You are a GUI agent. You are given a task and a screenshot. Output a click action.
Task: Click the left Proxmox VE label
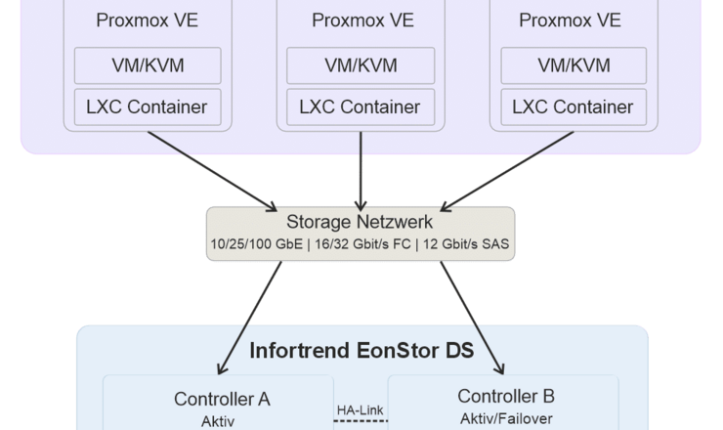click(x=148, y=21)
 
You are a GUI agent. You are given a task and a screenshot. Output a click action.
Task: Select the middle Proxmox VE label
click(x=361, y=21)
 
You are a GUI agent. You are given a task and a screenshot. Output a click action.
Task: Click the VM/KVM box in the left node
click(x=148, y=65)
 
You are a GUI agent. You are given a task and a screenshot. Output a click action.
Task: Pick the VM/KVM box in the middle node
click(x=361, y=65)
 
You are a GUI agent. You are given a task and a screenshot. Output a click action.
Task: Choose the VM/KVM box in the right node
click(x=574, y=65)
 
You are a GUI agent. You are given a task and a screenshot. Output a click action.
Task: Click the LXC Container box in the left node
click(x=148, y=107)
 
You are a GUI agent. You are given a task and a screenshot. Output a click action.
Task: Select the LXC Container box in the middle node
click(x=361, y=107)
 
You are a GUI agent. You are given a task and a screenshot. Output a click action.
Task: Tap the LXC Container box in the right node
click(x=574, y=107)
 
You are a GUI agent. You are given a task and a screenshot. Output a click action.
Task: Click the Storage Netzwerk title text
click(x=361, y=223)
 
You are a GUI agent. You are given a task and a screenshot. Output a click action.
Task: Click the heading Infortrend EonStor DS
click(x=362, y=350)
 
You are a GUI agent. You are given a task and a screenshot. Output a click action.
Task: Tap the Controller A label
click(x=222, y=399)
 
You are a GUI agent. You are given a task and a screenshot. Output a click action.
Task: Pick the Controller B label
click(x=505, y=397)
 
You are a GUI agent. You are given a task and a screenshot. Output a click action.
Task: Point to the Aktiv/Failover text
click(x=505, y=418)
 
